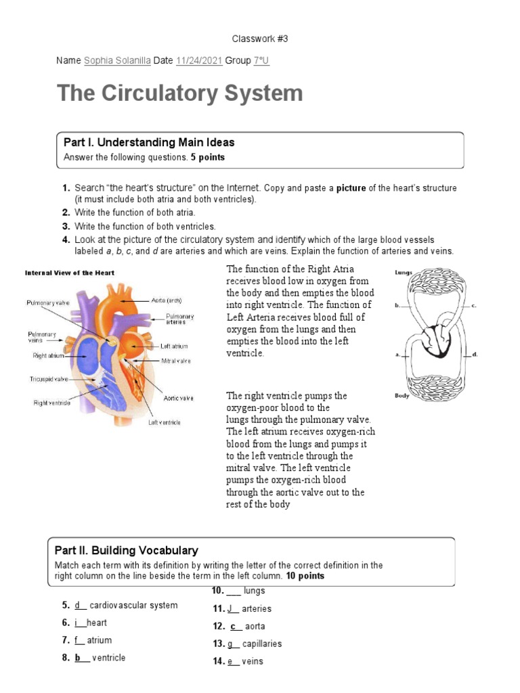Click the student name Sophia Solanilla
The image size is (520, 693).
coord(117,61)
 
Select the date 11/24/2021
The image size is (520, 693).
coord(198,61)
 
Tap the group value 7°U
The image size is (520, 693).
coord(261,61)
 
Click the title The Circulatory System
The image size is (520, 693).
coord(180,93)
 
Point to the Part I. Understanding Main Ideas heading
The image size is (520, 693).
coord(149,142)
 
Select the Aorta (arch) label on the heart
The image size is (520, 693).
coord(165,300)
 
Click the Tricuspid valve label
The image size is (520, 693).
coord(49,379)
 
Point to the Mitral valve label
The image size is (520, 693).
coord(175,361)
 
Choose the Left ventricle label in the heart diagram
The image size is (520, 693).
coord(165,422)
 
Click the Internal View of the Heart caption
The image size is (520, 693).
coord(70,273)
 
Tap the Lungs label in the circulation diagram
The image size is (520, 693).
coord(403,273)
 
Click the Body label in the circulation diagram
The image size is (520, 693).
coord(402,396)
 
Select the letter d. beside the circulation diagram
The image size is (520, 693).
coord(475,354)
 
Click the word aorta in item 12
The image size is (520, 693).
coord(255,627)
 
